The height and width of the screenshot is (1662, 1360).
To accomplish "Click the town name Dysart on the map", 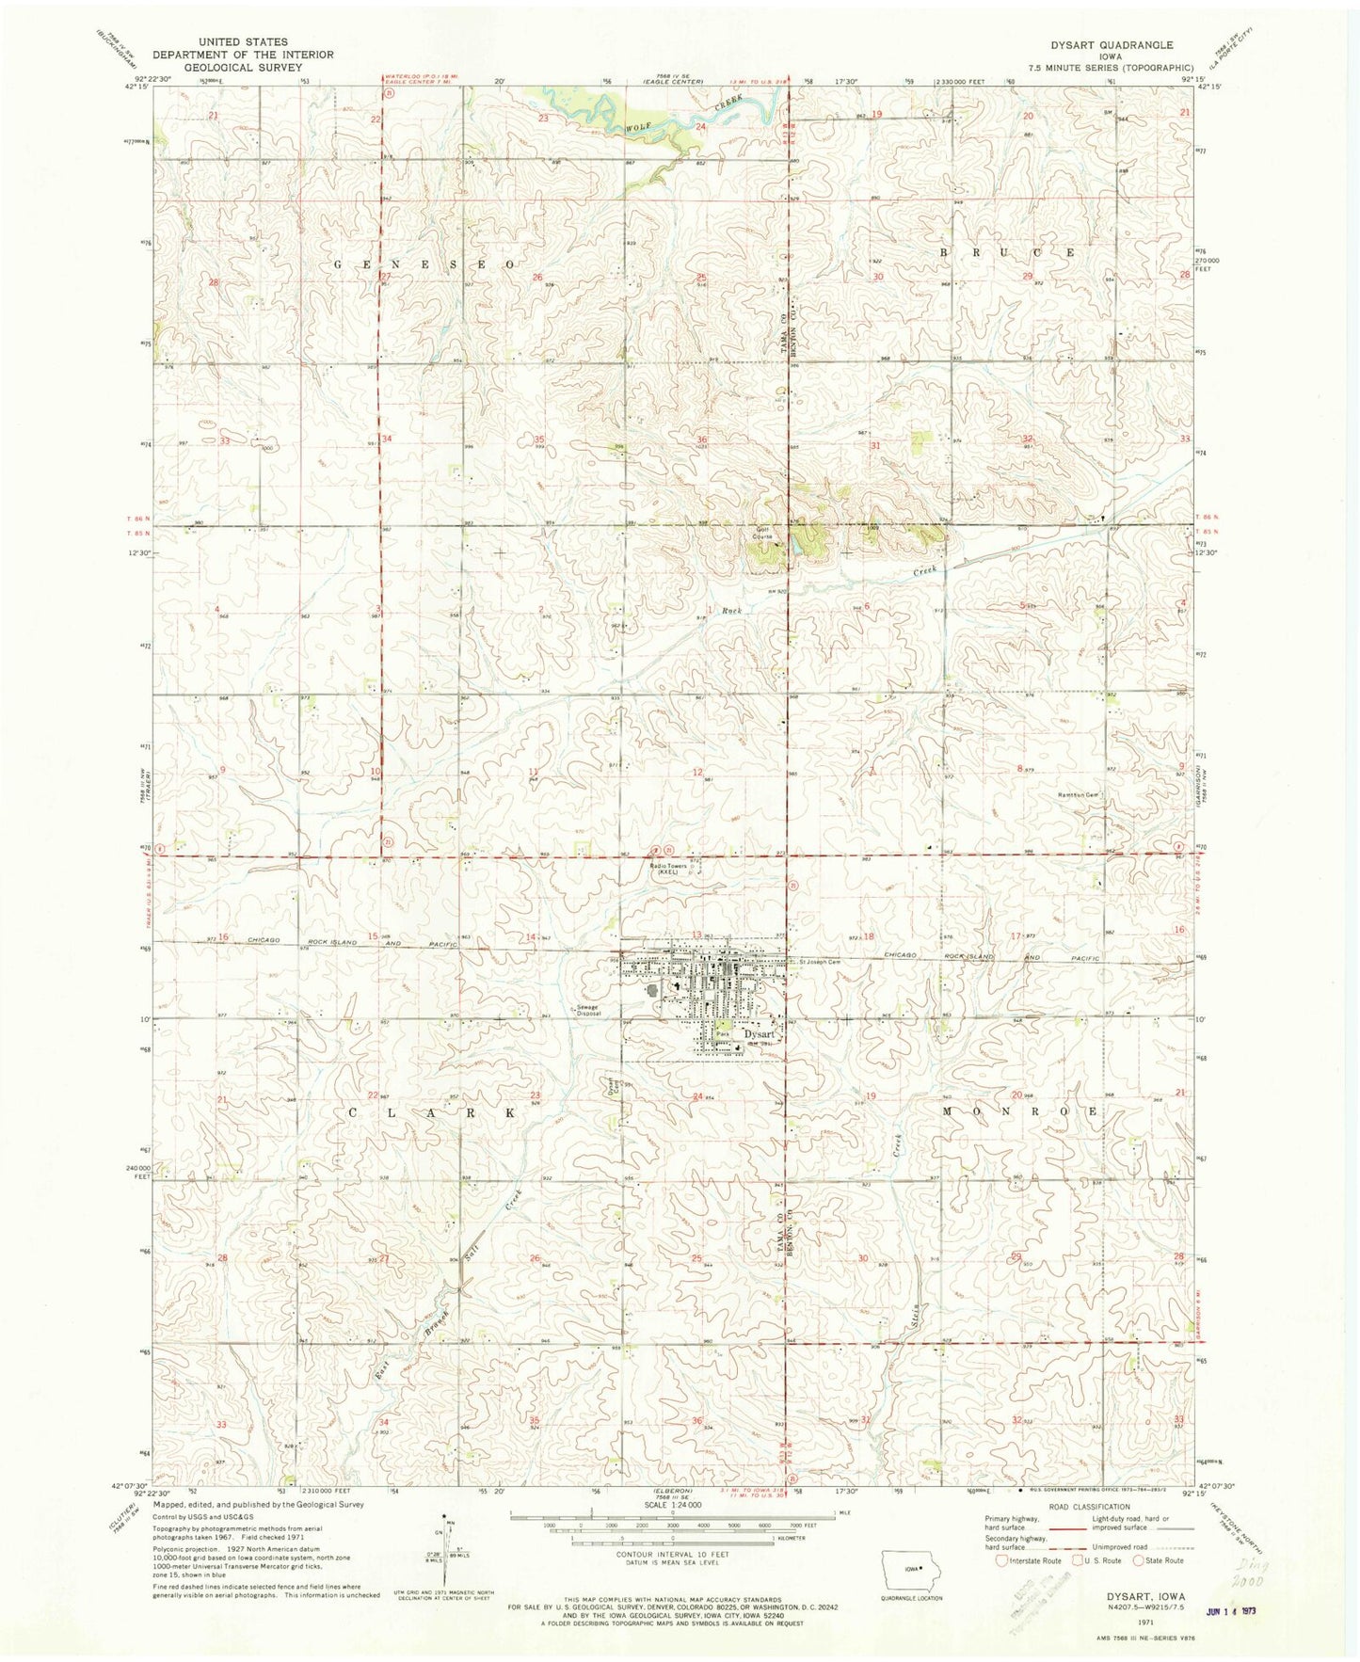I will coord(759,1033).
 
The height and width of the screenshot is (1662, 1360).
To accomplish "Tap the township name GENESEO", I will coord(424,265).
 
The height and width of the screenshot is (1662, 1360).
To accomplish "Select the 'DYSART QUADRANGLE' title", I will coord(1112,44).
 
